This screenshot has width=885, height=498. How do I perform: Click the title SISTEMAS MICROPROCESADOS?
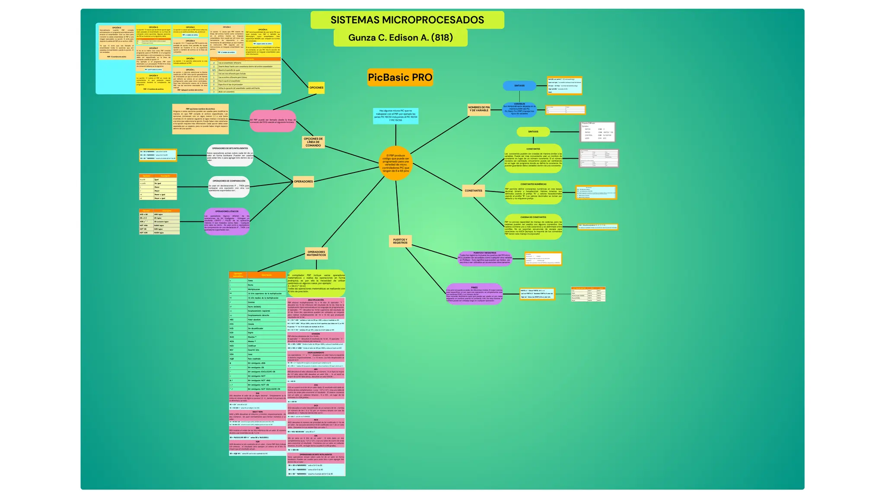pyautogui.click(x=407, y=20)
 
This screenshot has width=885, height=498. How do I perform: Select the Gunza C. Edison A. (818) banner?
pyautogui.click(x=400, y=38)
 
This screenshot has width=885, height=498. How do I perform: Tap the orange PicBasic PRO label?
pyautogui.click(x=400, y=77)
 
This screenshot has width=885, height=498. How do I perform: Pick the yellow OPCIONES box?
pyautogui.click(x=316, y=88)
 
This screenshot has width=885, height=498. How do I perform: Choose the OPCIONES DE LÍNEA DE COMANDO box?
pyautogui.click(x=313, y=142)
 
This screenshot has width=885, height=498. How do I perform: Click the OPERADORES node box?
pyautogui.click(x=303, y=182)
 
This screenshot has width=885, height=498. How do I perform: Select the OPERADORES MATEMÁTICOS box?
pyautogui.click(x=316, y=253)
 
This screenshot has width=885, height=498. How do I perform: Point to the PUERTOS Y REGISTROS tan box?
pyautogui.click(x=400, y=241)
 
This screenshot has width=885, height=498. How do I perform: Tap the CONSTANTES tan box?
pyautogui.click(x=473, y=191)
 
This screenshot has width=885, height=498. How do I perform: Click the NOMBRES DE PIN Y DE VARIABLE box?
pyautogui.click(x=479, y=109)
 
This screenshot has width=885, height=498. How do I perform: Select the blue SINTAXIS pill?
pyautogui.click(x=519, y=86)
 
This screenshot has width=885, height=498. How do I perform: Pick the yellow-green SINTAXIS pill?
pyautogui.click(x=533, y=132)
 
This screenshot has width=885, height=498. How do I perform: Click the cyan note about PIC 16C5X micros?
pyautogui.click(x=395, y=116)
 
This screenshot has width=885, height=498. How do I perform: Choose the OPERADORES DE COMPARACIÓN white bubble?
pyautogui.click(x=229, y=187)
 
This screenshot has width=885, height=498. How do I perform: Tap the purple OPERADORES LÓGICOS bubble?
pyautogui.click(x=227, y=221)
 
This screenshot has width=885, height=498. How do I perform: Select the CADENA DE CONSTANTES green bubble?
pyautogui.click(x=533, y=227)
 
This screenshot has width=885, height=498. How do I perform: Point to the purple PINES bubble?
pyautogui.click(x=474, y=294)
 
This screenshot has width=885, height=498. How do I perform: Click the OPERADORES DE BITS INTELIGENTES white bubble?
pyautogui.click(x=230, y=155)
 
